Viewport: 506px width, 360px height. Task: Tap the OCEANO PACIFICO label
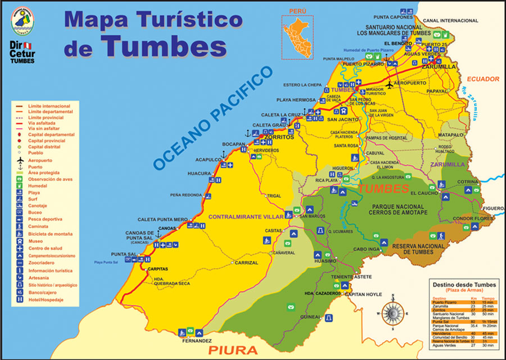point(213,118)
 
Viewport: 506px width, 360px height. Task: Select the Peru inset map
point(298,33)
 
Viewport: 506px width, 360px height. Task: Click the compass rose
point(392,312)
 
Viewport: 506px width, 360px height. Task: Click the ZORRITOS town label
point(279,137)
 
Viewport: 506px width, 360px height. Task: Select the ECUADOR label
point(483,78)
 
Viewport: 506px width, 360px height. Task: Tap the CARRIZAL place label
point(246,263)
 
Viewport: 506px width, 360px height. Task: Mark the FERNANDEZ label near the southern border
point(197,341)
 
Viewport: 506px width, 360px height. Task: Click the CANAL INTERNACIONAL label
point(450,20)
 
